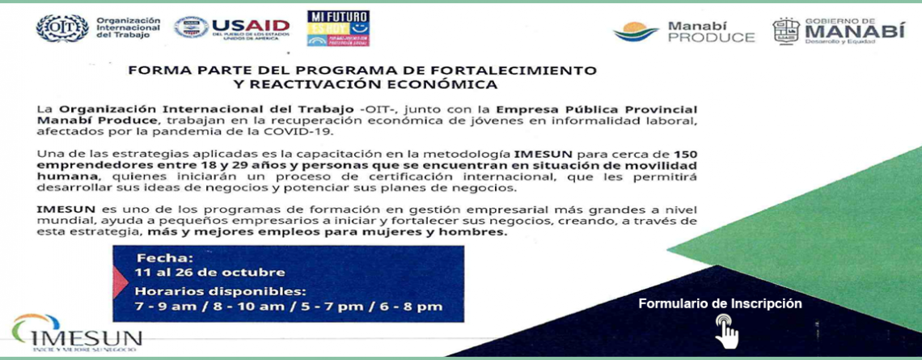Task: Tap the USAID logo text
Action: point(251,26)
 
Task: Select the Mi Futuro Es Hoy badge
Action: point(338,28)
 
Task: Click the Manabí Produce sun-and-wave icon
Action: point(636,32)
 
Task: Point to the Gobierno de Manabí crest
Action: point(785,32)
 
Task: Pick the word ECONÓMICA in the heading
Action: point(443,85)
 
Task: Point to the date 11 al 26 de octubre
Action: point(210,273)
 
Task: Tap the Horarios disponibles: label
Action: point(221,290)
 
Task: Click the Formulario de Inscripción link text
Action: point(721,303)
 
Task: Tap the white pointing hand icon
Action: point(727,331)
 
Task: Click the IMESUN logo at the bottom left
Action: point(77,333)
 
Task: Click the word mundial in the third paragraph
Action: point(57,221)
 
